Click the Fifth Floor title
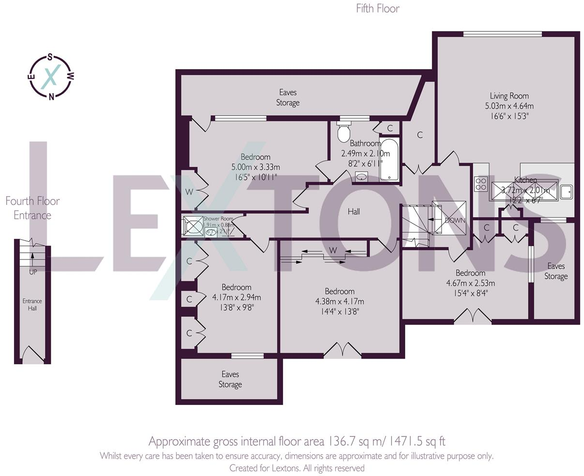378,8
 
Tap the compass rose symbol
51,76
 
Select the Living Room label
509,96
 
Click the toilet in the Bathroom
344,132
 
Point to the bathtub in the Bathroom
389,159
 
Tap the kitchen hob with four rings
481,184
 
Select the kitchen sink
566,191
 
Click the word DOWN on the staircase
455,220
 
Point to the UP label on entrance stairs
33,272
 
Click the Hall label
354,211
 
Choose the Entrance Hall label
32,304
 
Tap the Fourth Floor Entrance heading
32,208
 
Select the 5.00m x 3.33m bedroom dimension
256,167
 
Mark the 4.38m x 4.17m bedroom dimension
340,302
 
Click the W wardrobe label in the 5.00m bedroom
189,192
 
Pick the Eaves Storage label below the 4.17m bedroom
230,379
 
